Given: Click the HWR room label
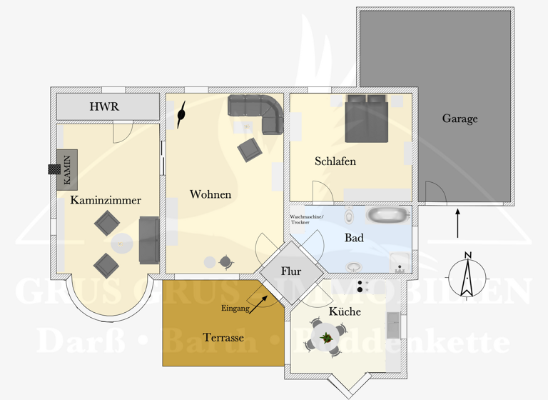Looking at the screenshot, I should (x=104, y=107).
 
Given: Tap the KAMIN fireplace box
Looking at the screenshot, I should (x=67, y=170).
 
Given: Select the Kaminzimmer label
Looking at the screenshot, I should (x=105, y=201).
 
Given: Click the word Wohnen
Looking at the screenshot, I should (x=210, y=194).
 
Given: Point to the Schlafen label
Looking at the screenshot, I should (x=335, y=161).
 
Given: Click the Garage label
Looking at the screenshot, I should (x=460, y=119).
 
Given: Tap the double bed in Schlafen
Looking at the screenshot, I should (x=367, y=118).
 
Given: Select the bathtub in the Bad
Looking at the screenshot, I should (x=388, y=215).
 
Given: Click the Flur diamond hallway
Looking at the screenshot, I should (x=291, y=271).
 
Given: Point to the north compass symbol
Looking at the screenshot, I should (x=467, y=275).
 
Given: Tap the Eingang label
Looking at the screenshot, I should (x=235, y=309).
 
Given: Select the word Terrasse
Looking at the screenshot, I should (x=223, y=337).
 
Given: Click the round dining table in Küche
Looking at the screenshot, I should (x=326, y=339).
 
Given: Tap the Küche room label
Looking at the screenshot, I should (x=345, y=312).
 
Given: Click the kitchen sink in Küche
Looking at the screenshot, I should (x=393, y=325).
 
